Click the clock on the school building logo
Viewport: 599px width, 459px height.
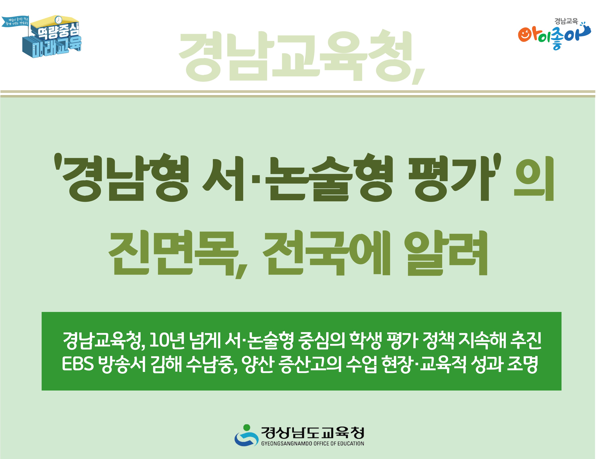58,20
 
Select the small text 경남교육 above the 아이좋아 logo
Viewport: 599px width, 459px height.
566,21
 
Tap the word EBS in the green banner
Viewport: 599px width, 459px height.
78,364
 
